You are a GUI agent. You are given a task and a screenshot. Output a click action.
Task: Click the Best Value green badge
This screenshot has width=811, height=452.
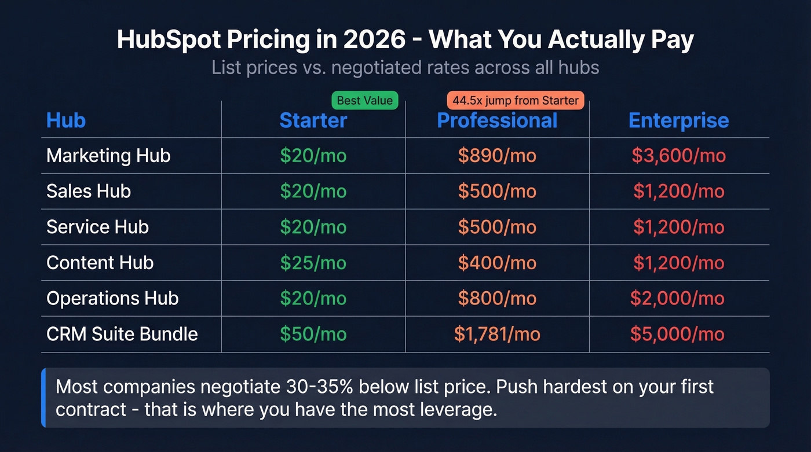coord(364,101)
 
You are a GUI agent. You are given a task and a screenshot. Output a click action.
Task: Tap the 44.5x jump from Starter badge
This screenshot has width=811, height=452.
coord(516,101)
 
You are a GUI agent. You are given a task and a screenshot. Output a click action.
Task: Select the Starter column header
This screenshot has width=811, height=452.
coord(313,120)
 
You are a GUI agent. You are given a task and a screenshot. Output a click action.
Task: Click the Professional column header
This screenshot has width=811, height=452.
coord(497,120)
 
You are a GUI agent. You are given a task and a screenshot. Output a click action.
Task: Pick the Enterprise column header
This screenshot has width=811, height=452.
coord(679,120)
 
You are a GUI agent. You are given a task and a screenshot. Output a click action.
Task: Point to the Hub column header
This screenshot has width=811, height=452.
coord(66,120)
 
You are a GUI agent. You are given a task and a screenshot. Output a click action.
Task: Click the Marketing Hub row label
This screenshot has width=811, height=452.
coord(108,156)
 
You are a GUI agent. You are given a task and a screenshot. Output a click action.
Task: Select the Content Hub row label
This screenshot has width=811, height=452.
coord(100,263)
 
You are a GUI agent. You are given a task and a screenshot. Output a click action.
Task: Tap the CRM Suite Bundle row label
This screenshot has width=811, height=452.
coord(122,334)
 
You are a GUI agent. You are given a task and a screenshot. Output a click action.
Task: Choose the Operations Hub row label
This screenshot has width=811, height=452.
coord(112,298)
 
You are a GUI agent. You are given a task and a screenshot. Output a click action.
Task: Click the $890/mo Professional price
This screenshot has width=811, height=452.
coord(497,156)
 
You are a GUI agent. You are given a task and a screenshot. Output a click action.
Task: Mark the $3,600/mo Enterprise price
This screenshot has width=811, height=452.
coord(679,156)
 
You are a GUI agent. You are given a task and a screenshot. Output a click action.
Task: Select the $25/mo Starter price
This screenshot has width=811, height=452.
coord(313,263)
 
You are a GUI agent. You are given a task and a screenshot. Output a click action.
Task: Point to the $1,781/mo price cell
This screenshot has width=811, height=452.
coord(497,334)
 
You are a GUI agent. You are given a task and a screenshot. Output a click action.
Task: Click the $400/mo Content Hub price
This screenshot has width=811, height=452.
coord(497,263)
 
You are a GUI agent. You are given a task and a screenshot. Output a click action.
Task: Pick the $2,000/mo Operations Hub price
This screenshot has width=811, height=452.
coord(678,298)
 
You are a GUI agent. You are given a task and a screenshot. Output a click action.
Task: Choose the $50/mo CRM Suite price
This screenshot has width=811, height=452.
coord(313,334)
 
